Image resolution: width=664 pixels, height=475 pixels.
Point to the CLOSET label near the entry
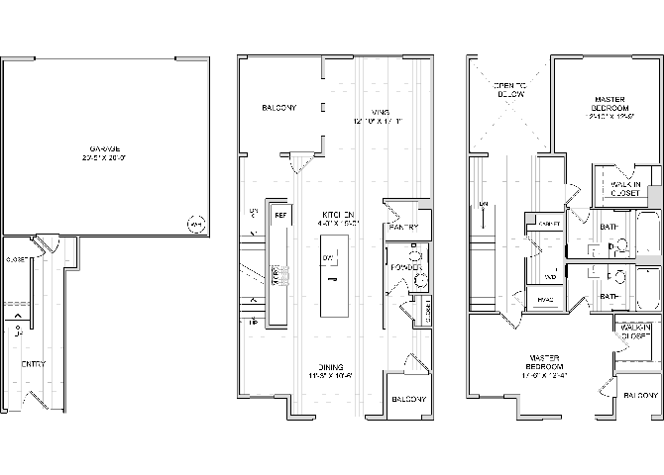(15, 260)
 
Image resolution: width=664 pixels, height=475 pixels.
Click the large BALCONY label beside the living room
(278, 108)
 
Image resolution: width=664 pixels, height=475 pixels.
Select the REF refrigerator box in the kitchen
(280, 214)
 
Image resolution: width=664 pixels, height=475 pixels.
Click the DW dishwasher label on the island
(326, 258)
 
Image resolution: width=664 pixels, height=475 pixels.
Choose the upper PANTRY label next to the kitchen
(404, 227)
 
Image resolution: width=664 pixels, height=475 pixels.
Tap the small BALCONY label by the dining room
(407, 400)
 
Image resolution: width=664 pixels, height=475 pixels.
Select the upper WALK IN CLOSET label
(623, 189)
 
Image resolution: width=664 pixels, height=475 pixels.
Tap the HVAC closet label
(544, 299)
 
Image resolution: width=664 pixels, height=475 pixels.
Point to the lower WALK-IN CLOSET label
(637, 331)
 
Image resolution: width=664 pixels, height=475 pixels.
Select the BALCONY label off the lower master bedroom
(639, 395)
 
